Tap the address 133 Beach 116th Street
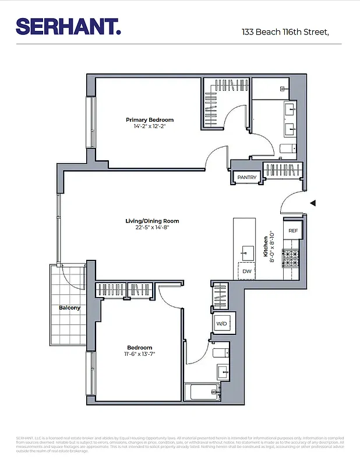pos(285,33)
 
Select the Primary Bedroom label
pos(150,120)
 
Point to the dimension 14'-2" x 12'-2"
pos(150,127)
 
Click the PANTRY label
pos(247,177)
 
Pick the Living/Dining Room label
pos(152,221)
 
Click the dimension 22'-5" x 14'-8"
pos(152,228)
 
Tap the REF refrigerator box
pos(293,231)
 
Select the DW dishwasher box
pos(247,271)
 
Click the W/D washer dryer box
pos(222,323)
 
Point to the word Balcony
pos(69,308)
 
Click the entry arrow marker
pos(313,203)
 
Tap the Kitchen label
pos(266,246)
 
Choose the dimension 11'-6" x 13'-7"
pos(139,354)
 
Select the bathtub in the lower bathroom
pos(203,391)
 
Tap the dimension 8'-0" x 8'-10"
pos(273,246)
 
